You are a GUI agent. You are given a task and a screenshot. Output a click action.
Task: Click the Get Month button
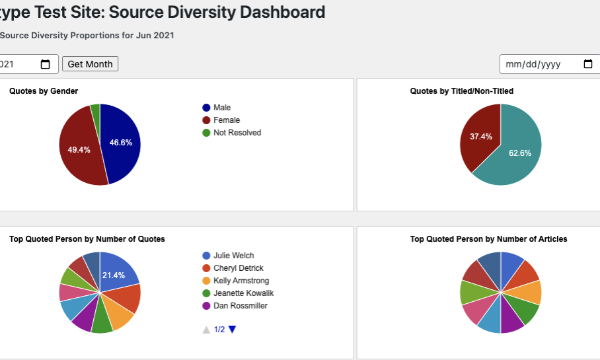90,64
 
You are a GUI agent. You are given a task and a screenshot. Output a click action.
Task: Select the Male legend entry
222,108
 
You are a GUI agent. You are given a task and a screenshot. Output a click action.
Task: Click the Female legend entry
226,120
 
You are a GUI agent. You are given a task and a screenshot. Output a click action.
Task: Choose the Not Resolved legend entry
237,133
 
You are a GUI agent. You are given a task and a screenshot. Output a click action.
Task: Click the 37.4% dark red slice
480,135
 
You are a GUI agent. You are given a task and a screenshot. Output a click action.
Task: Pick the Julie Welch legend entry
233,256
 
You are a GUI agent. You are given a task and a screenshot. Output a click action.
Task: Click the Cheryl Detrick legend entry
238,268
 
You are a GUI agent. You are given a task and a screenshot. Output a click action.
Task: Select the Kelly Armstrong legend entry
241,281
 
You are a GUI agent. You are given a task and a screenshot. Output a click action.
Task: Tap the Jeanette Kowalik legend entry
243,293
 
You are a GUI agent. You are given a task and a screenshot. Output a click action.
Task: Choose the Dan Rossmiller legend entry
240,306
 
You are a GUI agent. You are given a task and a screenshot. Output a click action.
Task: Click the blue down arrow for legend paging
232,330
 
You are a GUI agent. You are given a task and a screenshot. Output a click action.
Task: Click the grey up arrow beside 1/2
207,330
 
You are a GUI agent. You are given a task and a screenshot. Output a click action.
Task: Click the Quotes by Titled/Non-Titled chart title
461,91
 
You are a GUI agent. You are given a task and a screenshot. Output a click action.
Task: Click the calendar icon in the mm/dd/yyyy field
588,64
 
